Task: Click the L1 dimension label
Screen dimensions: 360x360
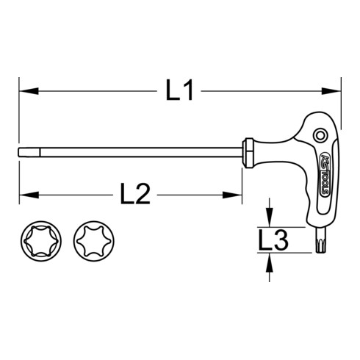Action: click(x=179, y=92)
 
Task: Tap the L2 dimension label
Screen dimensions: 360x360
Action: click(x=134, y=195)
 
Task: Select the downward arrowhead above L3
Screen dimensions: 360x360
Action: click(x=270, y=221)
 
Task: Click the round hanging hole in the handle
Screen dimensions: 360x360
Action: click(x=320, y=136)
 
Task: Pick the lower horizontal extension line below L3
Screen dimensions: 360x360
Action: click(x=290, y=254)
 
